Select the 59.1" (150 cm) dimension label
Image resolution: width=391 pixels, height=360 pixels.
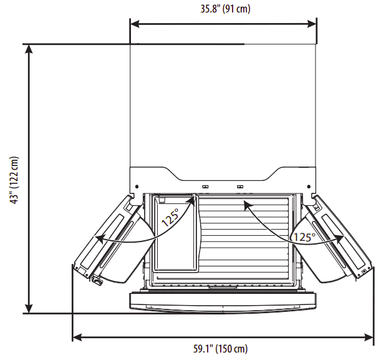pos(223,349)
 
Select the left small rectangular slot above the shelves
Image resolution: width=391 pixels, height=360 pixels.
pos(205,187)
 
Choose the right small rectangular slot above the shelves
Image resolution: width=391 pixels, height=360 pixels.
pos(240,187)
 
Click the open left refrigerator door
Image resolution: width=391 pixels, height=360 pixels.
pos(112,240)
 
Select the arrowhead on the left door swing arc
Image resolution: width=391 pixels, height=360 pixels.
pos(99,238)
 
